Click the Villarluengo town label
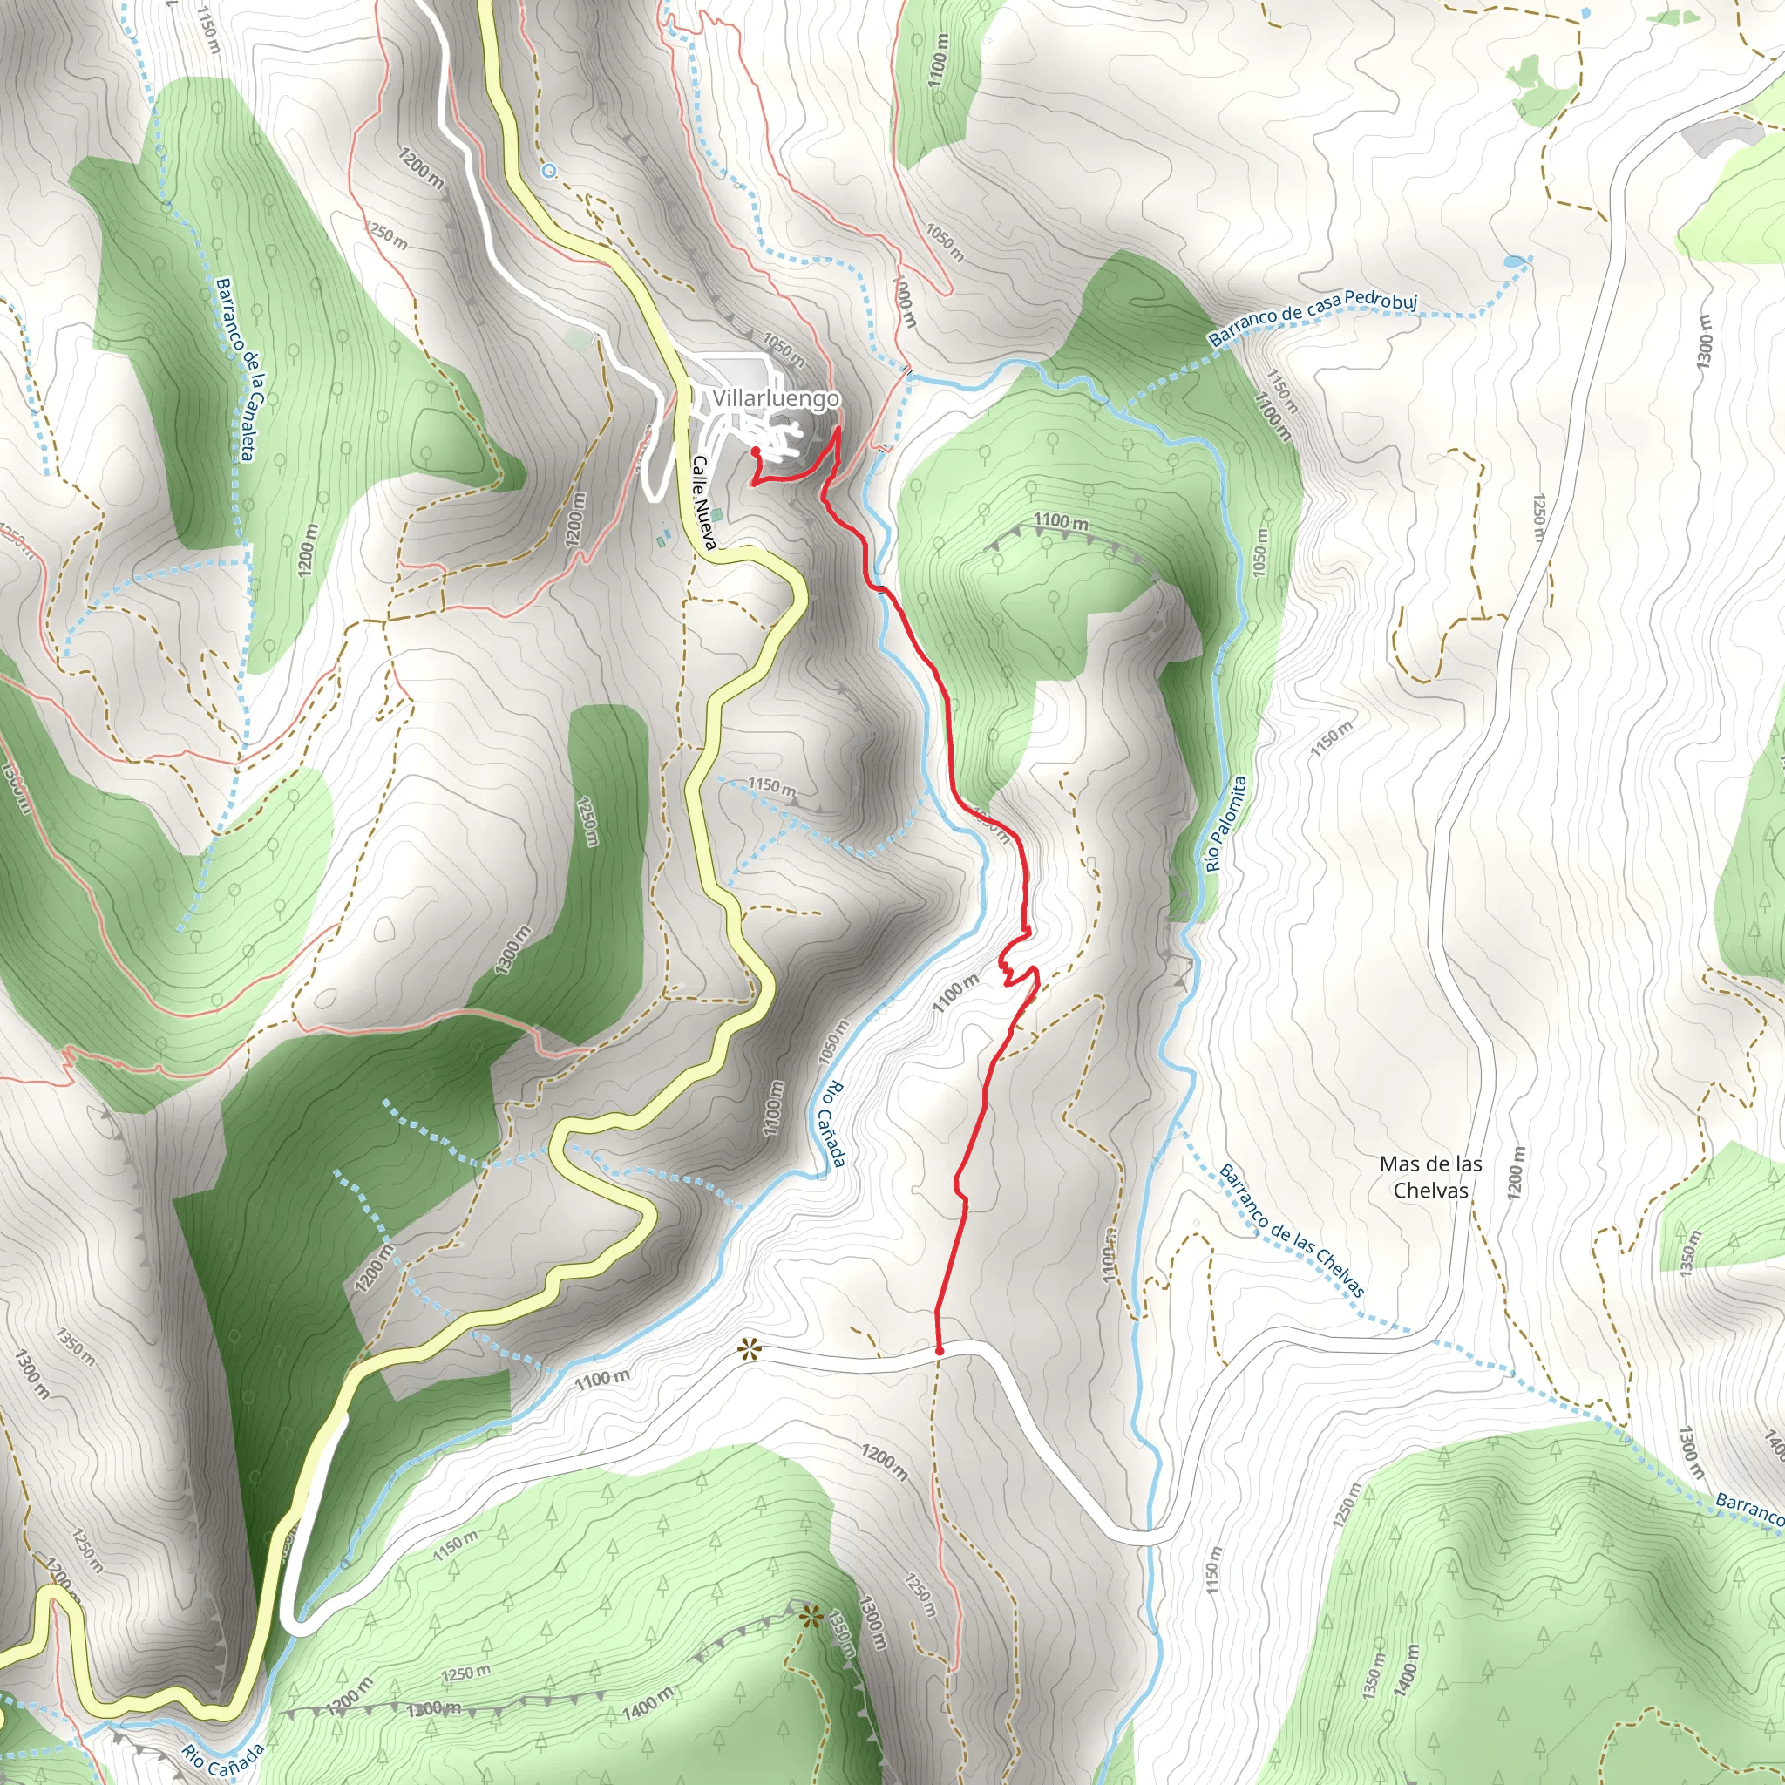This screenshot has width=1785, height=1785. point(775,398)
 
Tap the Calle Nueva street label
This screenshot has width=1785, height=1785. point(704,503)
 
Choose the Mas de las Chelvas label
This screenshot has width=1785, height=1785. point(1430,1177)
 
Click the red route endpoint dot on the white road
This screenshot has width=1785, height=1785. point(940,1351)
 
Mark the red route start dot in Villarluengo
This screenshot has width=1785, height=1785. point(756,451)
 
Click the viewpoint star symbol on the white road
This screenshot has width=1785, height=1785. point(750,1351)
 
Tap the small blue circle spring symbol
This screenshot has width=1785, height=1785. point(549,170)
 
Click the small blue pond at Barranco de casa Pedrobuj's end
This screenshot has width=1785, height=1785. point(1513,261)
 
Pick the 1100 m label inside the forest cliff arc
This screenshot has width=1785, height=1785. point(1061,522)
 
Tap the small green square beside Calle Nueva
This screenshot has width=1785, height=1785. point(718,513)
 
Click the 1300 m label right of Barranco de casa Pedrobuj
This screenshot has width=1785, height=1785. point(1706,341)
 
